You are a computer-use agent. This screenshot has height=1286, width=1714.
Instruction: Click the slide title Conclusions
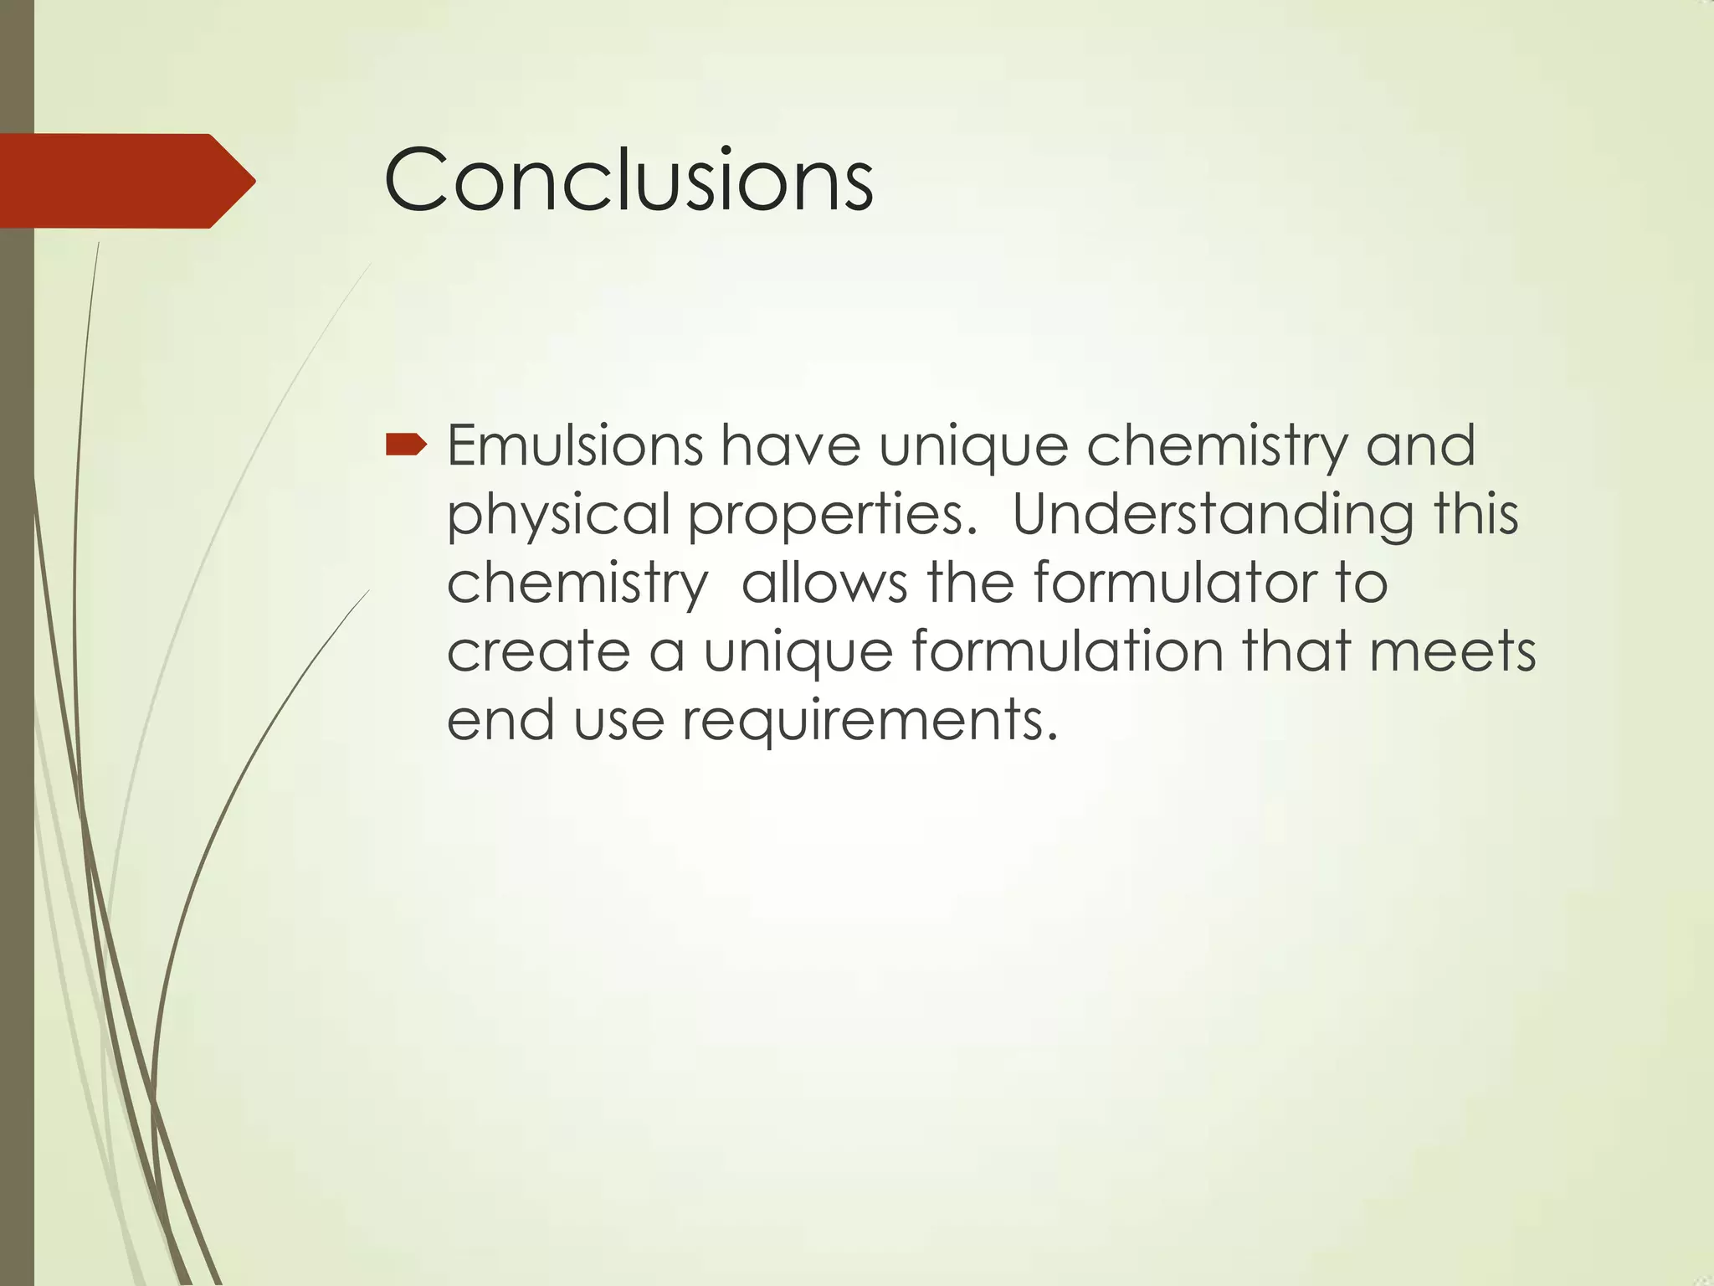point(629,180)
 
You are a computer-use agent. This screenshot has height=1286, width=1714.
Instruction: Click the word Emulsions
point(575,445)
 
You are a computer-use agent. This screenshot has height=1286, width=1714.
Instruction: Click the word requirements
point(870,720)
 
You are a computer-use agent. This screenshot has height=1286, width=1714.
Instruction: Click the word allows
point(824,582)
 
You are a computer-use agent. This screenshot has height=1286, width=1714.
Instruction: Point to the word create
point(538,651)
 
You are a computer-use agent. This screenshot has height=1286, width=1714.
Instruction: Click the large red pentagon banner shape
point(117,181)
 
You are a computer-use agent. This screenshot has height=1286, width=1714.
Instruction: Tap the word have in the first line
point(791,445)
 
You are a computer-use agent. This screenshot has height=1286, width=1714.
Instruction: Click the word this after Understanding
point(1475,514)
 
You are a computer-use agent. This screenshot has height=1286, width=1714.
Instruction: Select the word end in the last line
point(500,720)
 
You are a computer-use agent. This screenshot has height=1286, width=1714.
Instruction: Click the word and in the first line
point(1420,445)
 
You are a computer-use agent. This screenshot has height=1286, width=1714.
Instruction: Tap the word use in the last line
point(618,720)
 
